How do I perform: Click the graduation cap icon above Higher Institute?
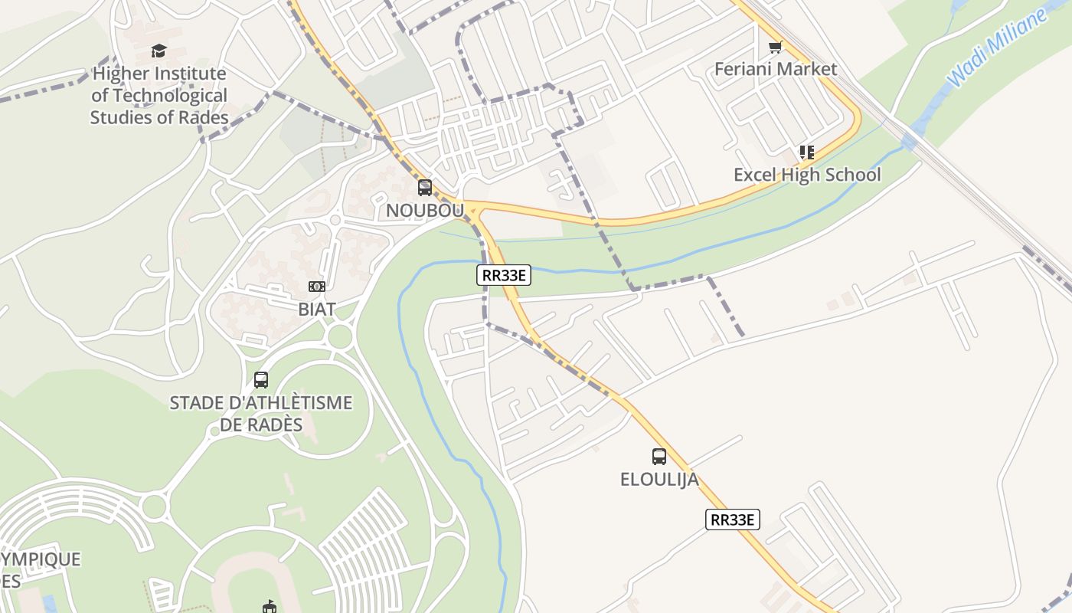coord(159,51)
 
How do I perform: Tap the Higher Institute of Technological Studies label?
coord(159,96)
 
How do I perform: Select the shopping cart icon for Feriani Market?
coord(776,48)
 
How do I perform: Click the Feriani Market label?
coord(776,69)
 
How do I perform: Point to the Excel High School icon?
coord(807,152)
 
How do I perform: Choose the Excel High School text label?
coord(807,175)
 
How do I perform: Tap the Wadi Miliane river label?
coord(996,48)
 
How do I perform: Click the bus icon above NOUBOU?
coord(425,188)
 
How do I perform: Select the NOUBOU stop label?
coord(425,210)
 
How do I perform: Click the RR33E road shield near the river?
coord(504,276)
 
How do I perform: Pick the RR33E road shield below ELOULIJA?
coord(733,520)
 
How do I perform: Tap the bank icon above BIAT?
coord(317,287)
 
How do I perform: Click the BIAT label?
coord(317,309)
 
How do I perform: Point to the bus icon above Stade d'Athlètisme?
coord(261,380)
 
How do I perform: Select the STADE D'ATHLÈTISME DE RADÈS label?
coord(261,413)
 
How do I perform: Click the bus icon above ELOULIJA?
coord(659,457)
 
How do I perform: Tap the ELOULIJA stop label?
coord(659,480)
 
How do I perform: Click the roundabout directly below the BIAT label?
coord(339,336)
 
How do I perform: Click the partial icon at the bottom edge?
coord(269,608)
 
